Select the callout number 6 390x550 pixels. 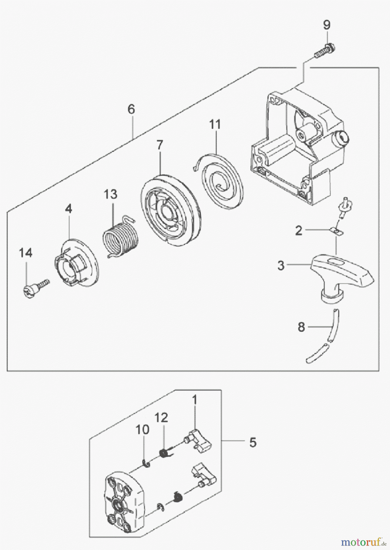[x=131, y=109]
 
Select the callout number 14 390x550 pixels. [x=26, y=253]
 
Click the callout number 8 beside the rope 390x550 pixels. [x=302, y=327]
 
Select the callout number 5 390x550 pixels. [x=253, y=442]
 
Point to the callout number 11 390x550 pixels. [x=215, y=125]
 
